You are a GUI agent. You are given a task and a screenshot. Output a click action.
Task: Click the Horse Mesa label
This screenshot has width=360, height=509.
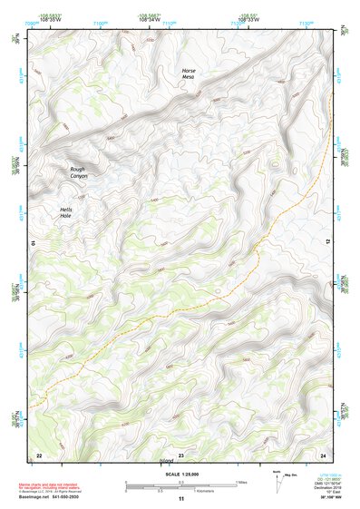189,74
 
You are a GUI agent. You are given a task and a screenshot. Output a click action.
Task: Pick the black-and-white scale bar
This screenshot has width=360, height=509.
180,485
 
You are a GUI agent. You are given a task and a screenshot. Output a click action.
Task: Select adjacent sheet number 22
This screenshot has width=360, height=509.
39,455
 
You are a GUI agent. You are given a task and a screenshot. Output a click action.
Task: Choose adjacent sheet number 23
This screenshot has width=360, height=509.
180,455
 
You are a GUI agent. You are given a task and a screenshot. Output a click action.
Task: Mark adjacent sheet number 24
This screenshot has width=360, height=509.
322,455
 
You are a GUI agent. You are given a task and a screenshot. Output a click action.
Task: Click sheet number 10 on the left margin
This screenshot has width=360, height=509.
34,244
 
